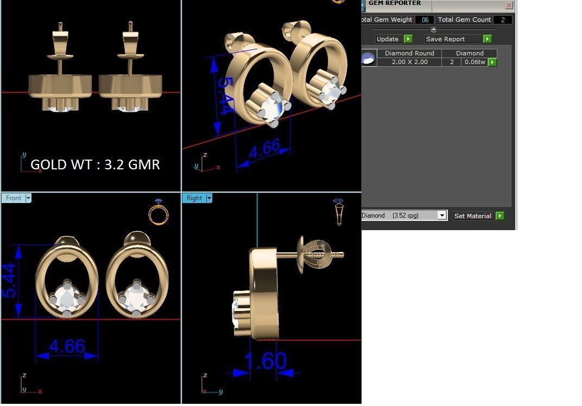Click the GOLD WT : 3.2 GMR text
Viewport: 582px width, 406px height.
95,164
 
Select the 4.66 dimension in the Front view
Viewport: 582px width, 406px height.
67,346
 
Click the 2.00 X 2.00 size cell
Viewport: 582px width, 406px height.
409,62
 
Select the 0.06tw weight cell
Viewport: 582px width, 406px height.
475,62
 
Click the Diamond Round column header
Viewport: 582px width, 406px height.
409,53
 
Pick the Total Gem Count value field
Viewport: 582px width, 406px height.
502,20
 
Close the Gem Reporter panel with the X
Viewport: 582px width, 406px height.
509,5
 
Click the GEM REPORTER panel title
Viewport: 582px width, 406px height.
394,3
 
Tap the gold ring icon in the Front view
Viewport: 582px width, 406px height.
159,213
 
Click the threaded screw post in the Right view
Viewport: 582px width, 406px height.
325,253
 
